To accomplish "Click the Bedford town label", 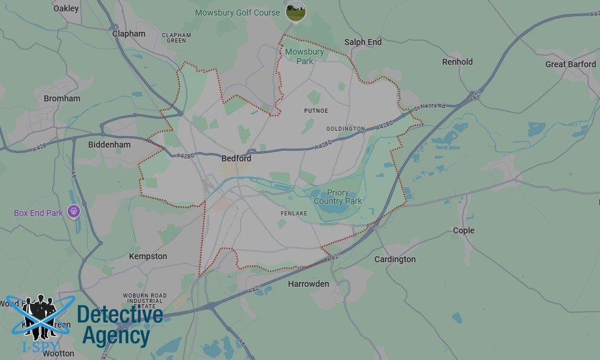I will coord(236,159).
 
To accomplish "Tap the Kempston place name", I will coord(148,256).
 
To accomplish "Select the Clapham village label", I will coord(129,34).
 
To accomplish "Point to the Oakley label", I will coord(66,8).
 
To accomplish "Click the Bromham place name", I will coord(62,98).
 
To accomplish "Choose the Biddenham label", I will coord(109,145).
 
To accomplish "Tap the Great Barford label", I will coord(571,64).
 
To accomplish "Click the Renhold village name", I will coord(457,62).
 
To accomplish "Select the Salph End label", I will coord(363,42).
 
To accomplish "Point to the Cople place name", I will coord(464,230).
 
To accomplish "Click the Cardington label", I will coord(395,259).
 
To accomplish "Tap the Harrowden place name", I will coord(308,284).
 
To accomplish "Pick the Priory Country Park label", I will coord(338,197).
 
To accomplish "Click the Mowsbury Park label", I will coord(304,56).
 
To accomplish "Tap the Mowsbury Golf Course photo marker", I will coord(295,11).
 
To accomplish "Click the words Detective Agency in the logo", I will coord(120,325).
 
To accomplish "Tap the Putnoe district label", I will coord(316,111).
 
